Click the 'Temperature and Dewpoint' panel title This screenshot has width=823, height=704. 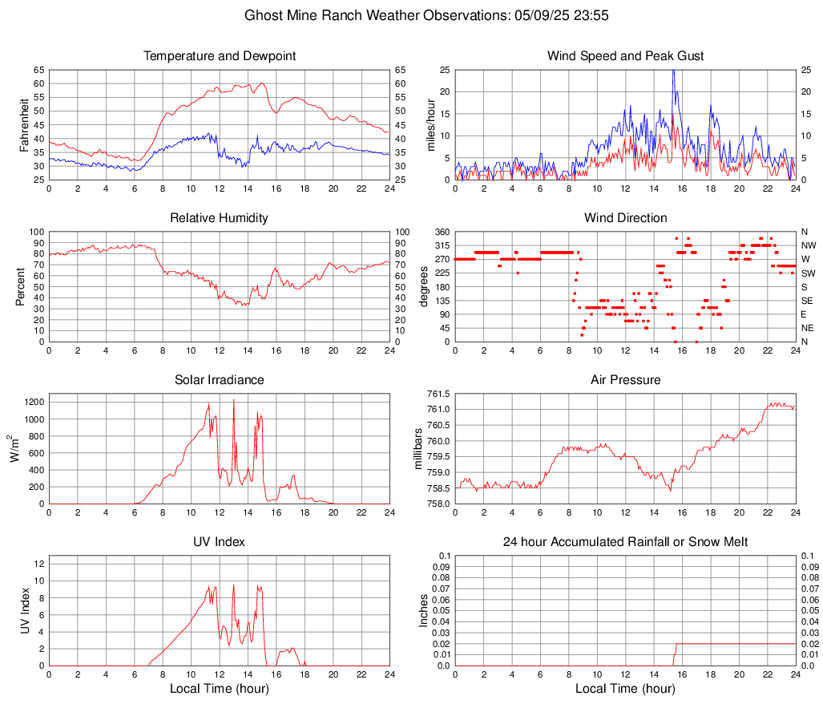(x=220, y=56)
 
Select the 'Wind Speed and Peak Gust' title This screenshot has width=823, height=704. (x=625, y=56)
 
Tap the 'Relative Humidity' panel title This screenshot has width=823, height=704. (x=220, y=218)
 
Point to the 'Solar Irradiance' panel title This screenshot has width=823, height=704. (x=220, y=380)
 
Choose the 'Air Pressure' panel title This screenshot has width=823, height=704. (x=625, y=380)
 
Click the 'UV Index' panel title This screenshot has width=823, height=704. (x=220, y=542)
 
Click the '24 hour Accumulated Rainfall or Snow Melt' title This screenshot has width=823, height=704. (x=625, y=542)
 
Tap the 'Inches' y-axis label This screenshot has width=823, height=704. (x=424, y=611)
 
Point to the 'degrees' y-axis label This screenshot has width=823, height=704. (x=424, y=287)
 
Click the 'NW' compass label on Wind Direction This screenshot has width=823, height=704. (x=808, y=245)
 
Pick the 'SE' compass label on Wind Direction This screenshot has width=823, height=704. (x=807, y=301)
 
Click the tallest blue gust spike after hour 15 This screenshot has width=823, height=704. (x=673, y=71)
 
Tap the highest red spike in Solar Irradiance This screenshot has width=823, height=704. (x=234, y=400)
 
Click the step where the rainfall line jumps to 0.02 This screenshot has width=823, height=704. (x=676, y=644)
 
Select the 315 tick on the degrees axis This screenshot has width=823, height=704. (x=441, y=245)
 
